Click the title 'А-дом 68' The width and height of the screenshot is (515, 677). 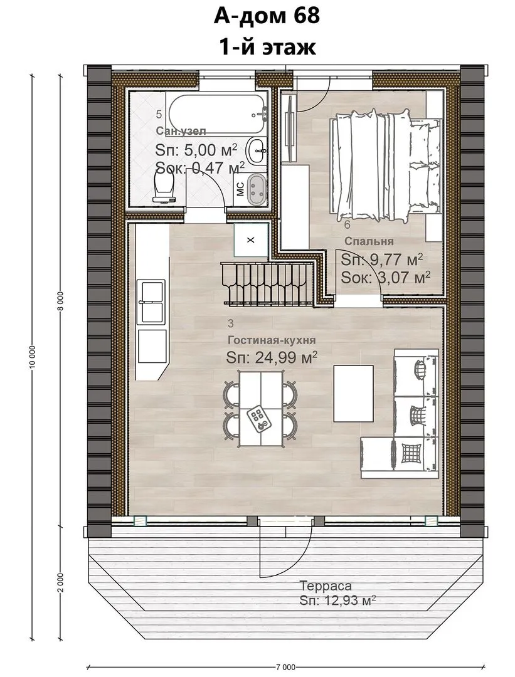(x=267, y=16)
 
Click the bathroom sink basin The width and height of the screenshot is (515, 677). (x=257, y=151)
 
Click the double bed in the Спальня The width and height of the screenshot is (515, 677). (x=385, y=164)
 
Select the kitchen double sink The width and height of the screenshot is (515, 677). (x=151, y=302)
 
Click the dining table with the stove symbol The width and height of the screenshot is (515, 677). (x=260, y=409)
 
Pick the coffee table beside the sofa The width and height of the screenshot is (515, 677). (x=353, y=393)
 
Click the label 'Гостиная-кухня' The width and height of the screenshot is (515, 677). (x=272, y=340)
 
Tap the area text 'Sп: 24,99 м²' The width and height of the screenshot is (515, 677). (x=272, y=357)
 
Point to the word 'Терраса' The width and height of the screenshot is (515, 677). (x=326, y=586)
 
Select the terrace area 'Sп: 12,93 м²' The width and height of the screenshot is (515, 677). (x=337, y=601)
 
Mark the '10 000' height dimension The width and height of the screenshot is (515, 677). (x=33, y=357)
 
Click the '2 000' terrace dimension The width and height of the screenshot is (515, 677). (x=60, y=584)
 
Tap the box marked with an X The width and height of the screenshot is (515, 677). (x=250, y=240)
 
